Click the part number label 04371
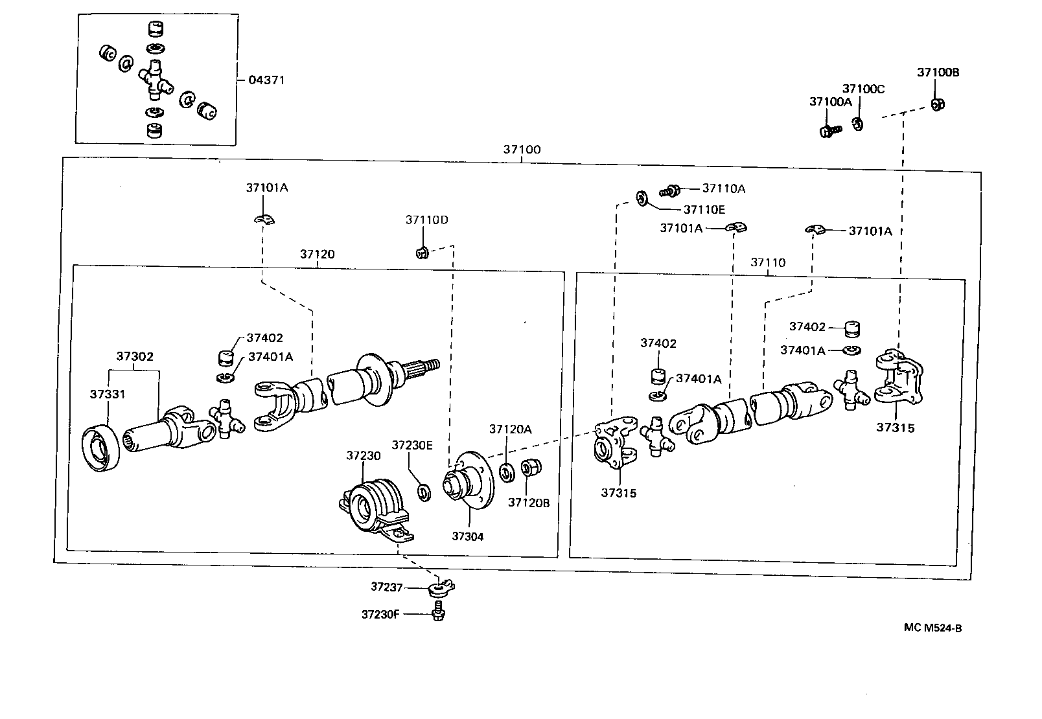click(x=266, y=80)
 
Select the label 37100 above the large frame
click(x=522, y=150)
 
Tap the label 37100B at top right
click(x=938, y=73)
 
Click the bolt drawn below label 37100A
click(x=828, y=131)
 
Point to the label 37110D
click(x=426, y=220)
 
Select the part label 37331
click(x=108, y=394)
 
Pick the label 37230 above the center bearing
click(x=363, y=456)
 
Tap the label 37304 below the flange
click(x=468, y=536)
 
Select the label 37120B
click(x=529, y=503)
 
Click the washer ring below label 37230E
click(x=424, y=492)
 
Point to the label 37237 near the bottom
click(x=387, y=587)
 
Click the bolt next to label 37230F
click(x=437, y=611)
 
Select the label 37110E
click(x=704, y=210)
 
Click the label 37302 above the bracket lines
click(x=135, y=356)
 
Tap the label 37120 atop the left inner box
click(x=317, y=254)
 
